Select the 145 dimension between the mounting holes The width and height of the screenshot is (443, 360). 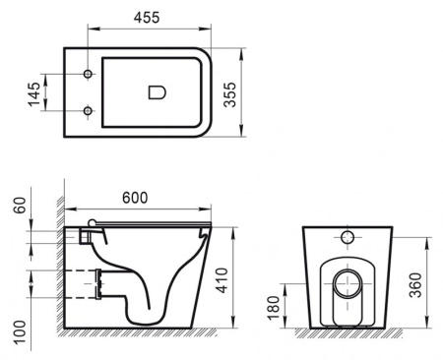(34, 93)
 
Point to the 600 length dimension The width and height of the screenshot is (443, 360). (136, 198)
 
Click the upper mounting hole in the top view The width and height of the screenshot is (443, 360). (89, 76)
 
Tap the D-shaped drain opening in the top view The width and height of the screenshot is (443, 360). (157, 92)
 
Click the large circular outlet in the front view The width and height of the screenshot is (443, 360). (348, 287)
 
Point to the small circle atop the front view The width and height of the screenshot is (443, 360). (348, 237)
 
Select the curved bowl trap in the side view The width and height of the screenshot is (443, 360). (148, 295)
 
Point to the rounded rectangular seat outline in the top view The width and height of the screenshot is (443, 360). (158, 92)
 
